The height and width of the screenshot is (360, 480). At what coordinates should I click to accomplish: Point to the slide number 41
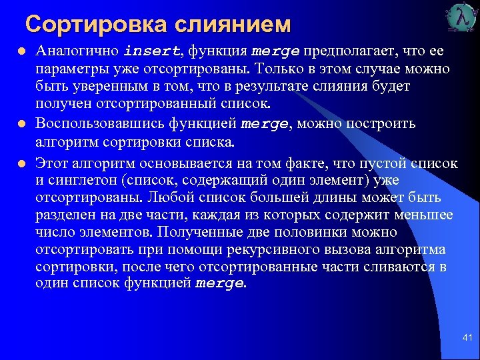(x=467, y=339)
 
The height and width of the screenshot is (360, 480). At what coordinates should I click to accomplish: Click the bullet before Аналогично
(x=21, y=51)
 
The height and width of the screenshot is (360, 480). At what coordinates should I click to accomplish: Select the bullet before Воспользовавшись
(x=21, y=124)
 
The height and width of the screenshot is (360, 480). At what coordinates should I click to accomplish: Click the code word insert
(x=152, y=51)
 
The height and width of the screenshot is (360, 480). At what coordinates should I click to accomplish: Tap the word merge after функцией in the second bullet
(x=265, y=124)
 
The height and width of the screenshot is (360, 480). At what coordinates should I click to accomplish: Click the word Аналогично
(x=77, y=51)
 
